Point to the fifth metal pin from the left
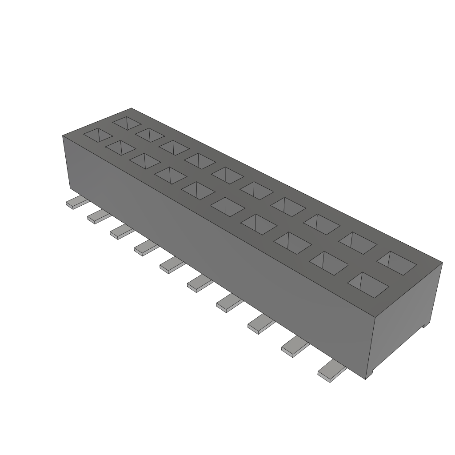pyautogui.click(x=172, y=266)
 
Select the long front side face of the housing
pyautogui.click(x=213, y=249)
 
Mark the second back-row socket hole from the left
pyautogui.click(x=150, y=135)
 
